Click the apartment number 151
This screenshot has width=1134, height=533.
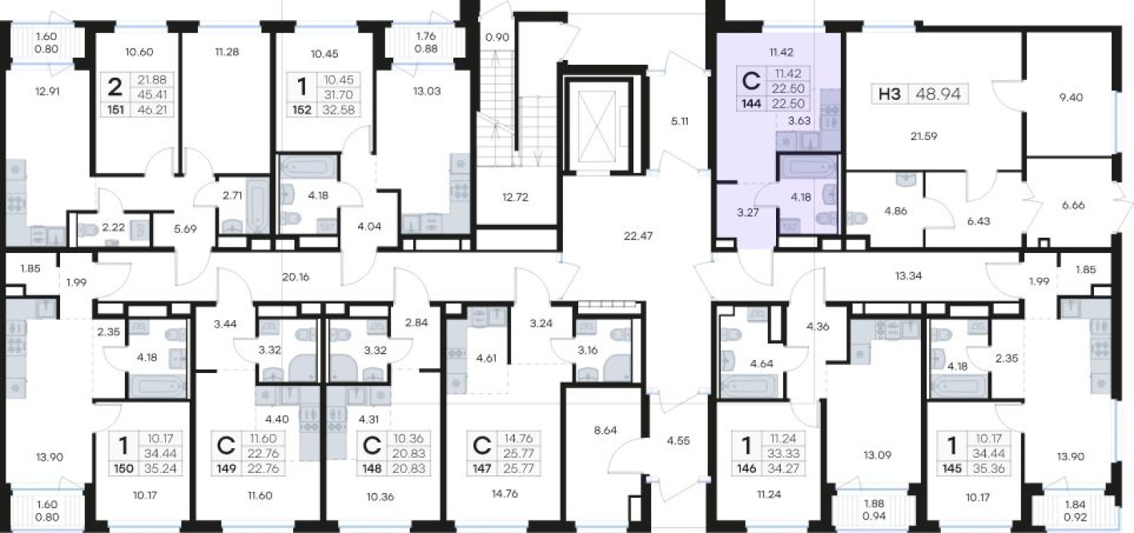(115, 110)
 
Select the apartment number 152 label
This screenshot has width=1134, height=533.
(302, 110)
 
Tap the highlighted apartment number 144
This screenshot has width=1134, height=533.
(751, 104)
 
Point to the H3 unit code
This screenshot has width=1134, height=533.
(890, 94)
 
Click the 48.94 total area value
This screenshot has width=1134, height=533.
(938, 94)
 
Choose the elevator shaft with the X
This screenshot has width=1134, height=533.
(597, 125)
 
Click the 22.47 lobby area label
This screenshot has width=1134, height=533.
(637, 235)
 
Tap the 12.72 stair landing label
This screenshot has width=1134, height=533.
(515, 197)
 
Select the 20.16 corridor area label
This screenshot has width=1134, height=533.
(296, 277)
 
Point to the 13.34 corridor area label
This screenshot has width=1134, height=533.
(908, 276)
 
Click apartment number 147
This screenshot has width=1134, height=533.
(481, 469)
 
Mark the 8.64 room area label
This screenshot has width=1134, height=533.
(605, 431)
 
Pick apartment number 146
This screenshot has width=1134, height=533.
(746, 469)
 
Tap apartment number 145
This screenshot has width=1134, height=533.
(951, 469)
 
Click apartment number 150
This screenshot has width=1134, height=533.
(123, 469)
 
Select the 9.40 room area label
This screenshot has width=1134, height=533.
(1071, 98)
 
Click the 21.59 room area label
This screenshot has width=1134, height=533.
(923, 136)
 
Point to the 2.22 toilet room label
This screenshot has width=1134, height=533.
(113, 227)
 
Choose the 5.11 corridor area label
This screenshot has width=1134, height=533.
(679, 122)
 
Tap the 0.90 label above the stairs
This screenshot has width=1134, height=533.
(497, 38)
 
